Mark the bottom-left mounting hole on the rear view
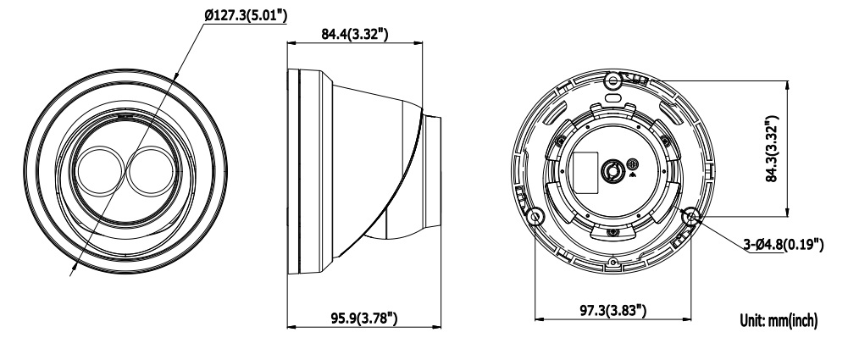[x=535, y=217]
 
